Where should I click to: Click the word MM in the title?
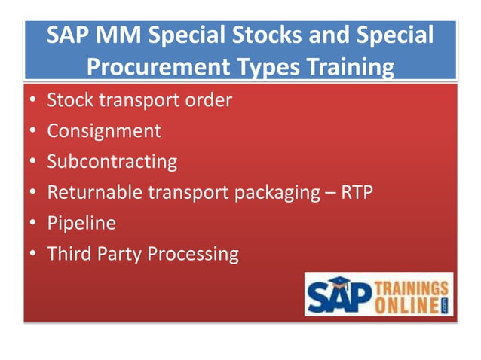[x=119, y=35]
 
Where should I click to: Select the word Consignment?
[x=104, y=130]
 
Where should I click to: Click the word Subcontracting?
[x=112, y=161]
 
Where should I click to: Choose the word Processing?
[x=192, y=255]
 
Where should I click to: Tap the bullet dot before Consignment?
[x=32, y=132]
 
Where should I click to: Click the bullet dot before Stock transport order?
[x=32, y=101]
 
